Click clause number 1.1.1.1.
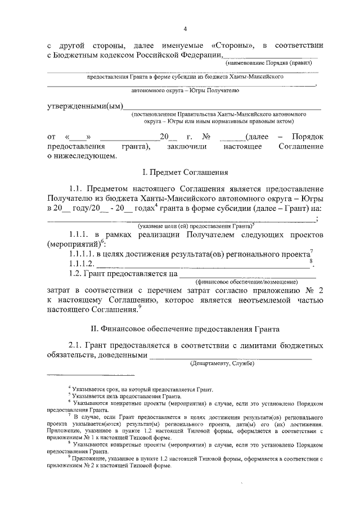point(81,254)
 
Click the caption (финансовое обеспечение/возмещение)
point(246,281)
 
